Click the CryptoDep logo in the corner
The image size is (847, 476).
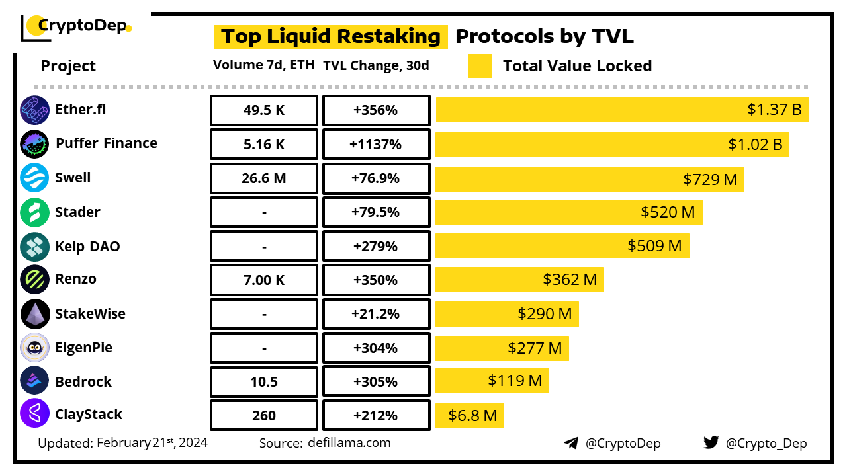tap(77, 26)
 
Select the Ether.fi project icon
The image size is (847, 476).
tap(34, 110)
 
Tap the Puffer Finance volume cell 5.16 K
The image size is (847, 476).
tap(264, 144)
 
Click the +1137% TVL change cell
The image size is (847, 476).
tap(376, 144)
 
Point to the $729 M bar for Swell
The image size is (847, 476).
tap(590, 178)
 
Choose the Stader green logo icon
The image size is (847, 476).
tap(34, 213)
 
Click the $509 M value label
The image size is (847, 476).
tap(654, 246)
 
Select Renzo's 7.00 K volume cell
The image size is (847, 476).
tap(264, 280)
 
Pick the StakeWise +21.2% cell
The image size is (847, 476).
tap(376, 315)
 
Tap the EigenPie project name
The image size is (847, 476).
tap(84, 348)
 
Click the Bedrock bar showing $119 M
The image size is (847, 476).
tap(492, 381)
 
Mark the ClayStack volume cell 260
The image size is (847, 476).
tap(264, 416)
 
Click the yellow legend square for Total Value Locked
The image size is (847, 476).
tap(480, 66)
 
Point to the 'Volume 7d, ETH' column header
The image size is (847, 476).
tap(263, 65)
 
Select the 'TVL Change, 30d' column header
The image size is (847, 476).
tap(376, 65)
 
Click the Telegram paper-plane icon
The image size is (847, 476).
tap(571, 443)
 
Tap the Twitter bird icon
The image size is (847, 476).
tap(711, 443)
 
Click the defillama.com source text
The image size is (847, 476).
tap(349, 443)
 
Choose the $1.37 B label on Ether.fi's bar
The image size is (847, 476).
tap(774, 110)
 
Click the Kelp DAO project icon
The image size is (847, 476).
tap(34, 247)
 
